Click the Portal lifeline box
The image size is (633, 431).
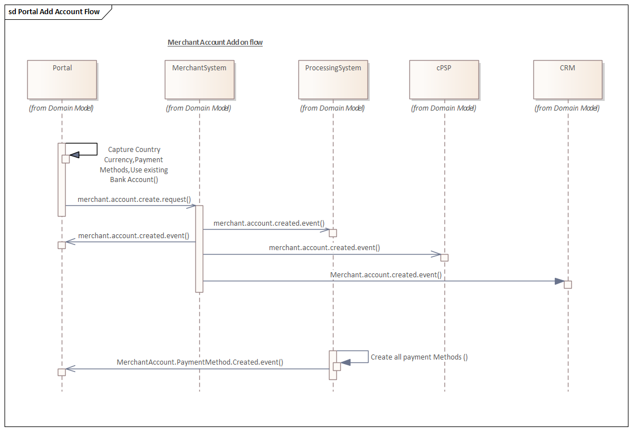pos(62,79)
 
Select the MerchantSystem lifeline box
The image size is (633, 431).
pos(199,79)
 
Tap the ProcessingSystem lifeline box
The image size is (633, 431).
pos(333,79)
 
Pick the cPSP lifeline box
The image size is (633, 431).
pos(444,79)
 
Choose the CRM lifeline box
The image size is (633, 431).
pos(567,79)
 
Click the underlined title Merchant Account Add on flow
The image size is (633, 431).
pos(215,43)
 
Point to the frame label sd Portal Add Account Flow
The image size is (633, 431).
pos(54,12)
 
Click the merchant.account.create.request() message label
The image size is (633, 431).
pos(134,199)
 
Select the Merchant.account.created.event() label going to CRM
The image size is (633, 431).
pos(386,275)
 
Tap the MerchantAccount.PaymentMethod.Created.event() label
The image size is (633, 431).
pos(200,362)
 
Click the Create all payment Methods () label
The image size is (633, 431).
pos(419,357)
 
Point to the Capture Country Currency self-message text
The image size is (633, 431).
pos(134,164)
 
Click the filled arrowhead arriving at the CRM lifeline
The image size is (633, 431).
pos(559,281)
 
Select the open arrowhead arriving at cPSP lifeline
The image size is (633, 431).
pos(435,254)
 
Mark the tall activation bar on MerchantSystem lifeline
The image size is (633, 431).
pos(199,248)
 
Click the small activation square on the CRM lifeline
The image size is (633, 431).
pos(567,285)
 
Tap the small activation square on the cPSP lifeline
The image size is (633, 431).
pos(444,257)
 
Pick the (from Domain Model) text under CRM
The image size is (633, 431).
pos(567,108)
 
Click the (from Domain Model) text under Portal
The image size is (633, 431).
pos(61,108)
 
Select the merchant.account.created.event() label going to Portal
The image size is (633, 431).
pos(134,236)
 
